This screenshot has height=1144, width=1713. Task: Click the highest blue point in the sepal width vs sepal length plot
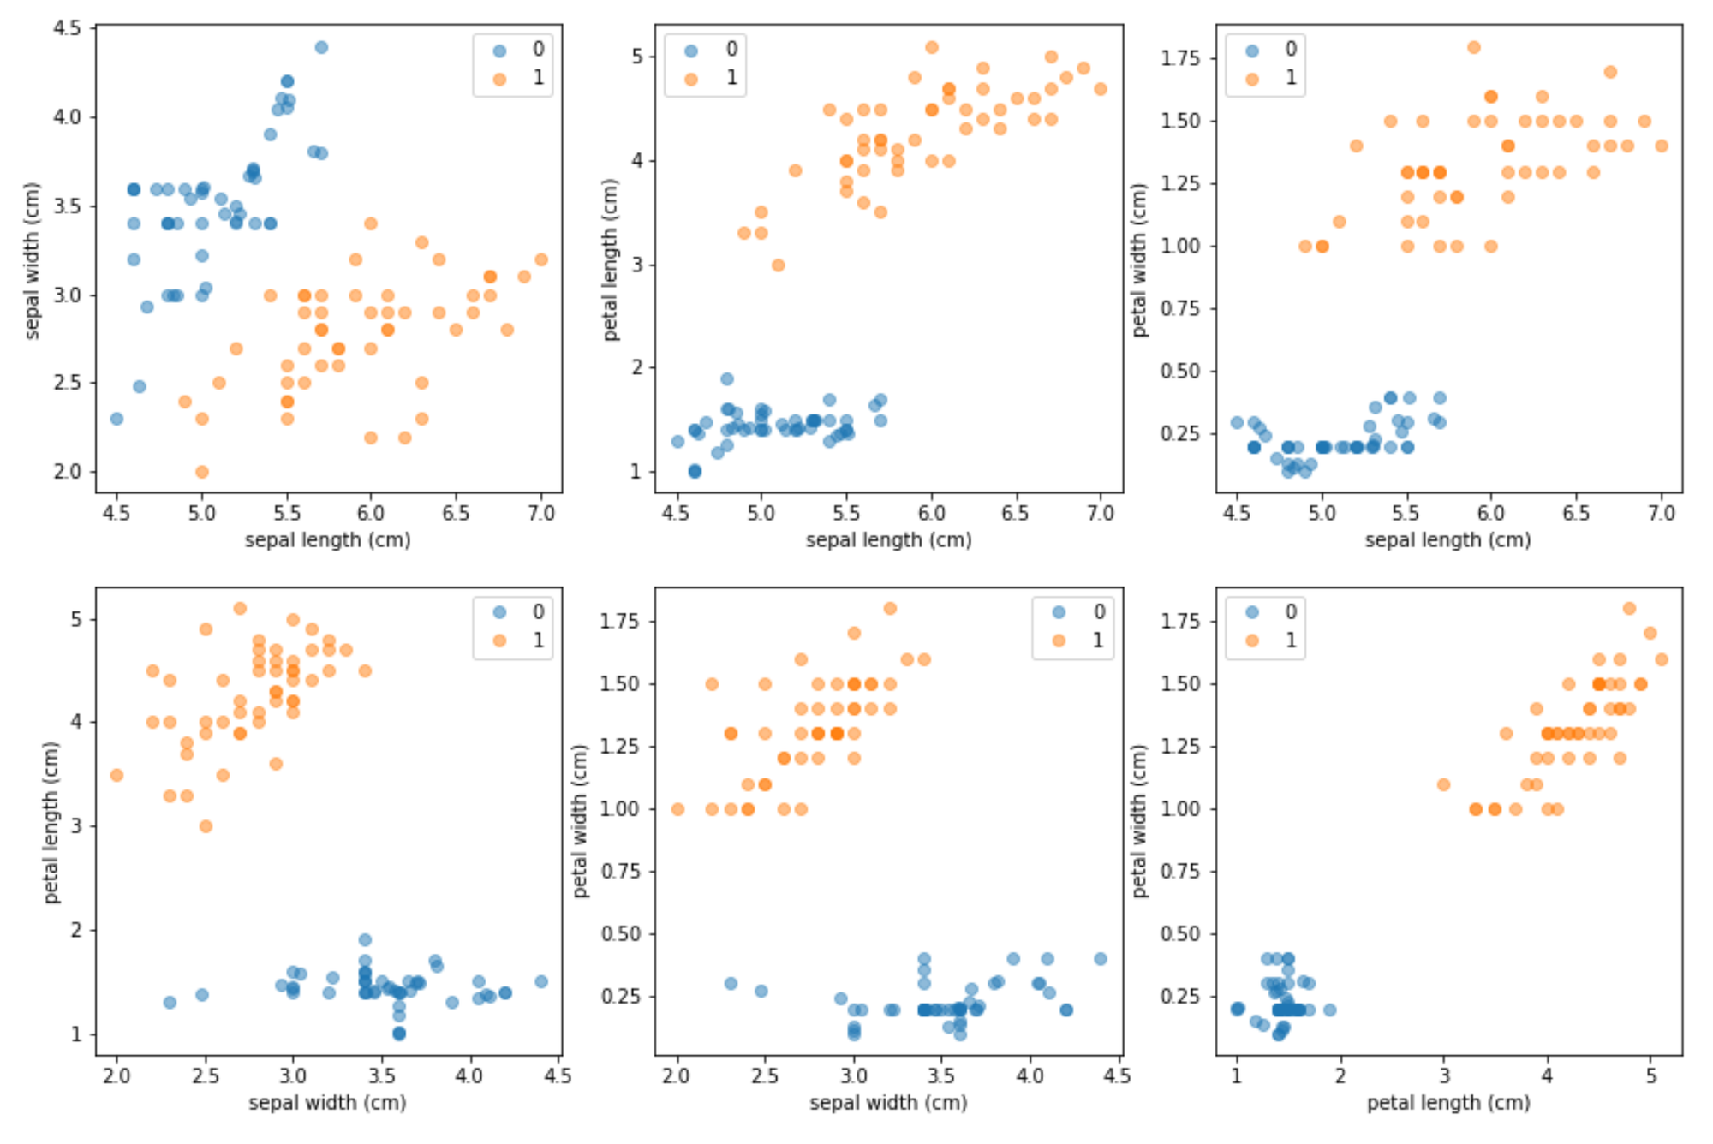pos(321,47)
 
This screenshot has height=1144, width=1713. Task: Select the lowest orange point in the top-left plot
pos(202,472)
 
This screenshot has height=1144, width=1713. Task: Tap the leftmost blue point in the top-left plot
pos(117,419)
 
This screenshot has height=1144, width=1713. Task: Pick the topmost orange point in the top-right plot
pos(1474,47)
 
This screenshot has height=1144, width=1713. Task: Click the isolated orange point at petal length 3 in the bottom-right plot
pos(1443,784)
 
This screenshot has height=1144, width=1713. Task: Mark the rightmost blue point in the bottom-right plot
pos(1329,1010)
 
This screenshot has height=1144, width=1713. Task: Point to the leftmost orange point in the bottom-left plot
pos(117,775)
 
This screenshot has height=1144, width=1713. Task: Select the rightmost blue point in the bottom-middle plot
pos(1101,959)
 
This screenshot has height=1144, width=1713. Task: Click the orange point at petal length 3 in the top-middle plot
pos(778,265)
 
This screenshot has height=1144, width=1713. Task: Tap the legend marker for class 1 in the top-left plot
pos(500,79)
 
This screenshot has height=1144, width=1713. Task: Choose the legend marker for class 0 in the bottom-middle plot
pos(1059,612)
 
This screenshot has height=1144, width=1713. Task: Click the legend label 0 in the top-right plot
pos(1291,50)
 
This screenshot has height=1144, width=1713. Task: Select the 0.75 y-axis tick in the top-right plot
pos(1180,308)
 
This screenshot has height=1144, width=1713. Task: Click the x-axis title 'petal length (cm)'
pos(1448,1103)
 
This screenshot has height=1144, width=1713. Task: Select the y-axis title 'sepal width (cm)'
pos(33,260)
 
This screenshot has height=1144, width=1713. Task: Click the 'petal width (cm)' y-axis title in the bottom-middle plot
pos(581,820)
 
